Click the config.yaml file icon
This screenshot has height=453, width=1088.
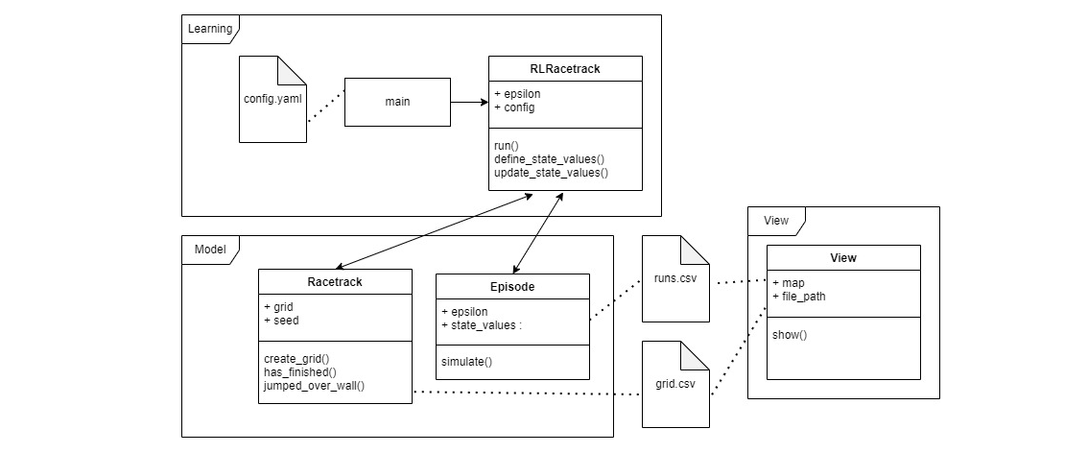click(272, 99)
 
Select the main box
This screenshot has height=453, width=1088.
click(397, 101)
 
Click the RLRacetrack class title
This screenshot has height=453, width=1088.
click(565, 68)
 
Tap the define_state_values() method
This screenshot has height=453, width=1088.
click(550, 158)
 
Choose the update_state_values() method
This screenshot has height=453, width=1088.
click(551, 173)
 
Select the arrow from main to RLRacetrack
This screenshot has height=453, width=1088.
click(469, 101)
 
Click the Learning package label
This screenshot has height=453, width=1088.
click(209, 29)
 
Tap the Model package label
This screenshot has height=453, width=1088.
click(209, 250)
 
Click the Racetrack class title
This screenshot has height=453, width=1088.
click(335, 281)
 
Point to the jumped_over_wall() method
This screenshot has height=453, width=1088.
click(314, 386)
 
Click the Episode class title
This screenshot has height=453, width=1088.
click(512, 286)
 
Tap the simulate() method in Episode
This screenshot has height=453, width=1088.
click(466, 361)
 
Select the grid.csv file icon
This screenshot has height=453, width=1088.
click(675, 386)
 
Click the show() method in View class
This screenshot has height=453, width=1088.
click(790, 335)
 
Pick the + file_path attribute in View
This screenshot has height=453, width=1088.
click(798, 297)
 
